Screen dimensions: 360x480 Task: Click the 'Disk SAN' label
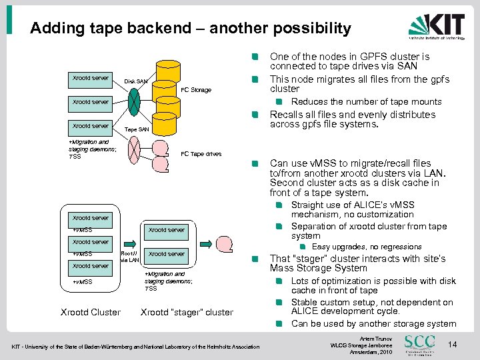[136, 82]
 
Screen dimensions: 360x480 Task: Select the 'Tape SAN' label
[137, 129]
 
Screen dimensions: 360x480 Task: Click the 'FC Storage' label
[197, 90]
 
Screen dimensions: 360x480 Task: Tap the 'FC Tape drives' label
[201, 154]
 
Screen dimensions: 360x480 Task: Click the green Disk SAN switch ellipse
[134, 102]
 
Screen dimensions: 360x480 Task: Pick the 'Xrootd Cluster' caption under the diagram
[91, 312]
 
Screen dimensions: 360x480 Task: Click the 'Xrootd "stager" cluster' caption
[187, 312]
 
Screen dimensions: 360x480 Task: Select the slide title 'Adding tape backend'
[190, 28]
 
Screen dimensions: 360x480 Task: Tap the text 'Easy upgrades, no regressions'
[367, 247]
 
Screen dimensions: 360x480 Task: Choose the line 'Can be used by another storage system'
[373, 324]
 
